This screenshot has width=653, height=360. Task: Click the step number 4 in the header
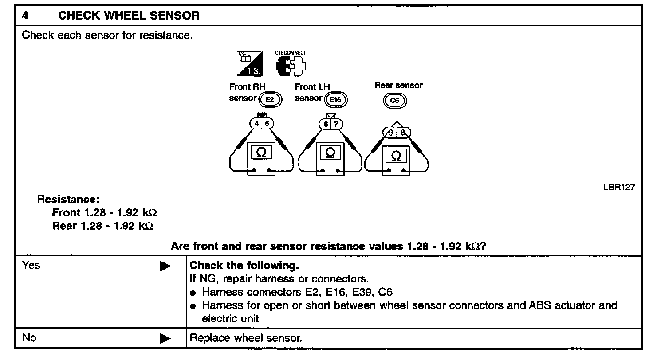(25, 16)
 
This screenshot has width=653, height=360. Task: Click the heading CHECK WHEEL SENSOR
(129, 16)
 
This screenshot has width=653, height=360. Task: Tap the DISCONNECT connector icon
(291, 66)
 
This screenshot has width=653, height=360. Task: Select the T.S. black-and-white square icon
(250, 63)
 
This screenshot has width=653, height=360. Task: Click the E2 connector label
(270, 100)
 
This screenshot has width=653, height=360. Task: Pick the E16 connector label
(336, 100)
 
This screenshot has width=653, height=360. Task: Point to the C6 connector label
(394, 101)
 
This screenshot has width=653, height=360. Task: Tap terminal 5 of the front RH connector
(267, 124)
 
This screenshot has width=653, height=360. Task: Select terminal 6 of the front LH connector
(326, 124)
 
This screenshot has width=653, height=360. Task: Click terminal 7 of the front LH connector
(336, 124)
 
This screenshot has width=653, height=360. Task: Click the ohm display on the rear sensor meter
(397, 156)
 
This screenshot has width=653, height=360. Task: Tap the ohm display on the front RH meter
(262, 153)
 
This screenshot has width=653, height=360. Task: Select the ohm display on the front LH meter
(330, 153)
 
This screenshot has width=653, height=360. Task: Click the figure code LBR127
(618, 187)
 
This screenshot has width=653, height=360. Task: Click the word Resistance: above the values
(68, 199)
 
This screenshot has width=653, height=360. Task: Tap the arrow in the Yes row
(165, 266)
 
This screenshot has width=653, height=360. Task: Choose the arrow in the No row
(165, 339)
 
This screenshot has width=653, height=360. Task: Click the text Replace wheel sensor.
(246, 338)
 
